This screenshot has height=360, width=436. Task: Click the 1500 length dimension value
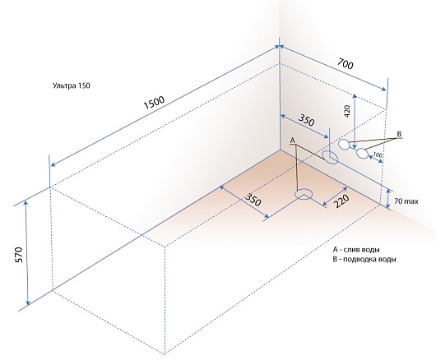[155, 103]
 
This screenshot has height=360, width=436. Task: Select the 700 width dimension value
[346, 63]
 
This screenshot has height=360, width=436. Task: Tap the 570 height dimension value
[20, 255]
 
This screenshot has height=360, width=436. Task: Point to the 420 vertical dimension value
[349, 111]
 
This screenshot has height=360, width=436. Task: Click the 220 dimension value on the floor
[341, 201]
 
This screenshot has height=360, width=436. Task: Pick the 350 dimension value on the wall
[306, 120]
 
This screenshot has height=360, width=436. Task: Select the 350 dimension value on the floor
[253, 199]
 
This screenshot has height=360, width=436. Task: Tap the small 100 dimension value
[378, 155]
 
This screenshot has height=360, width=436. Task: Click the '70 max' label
[406, 201]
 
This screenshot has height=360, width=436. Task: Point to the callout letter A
[292, 141]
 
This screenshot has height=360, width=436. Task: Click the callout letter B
[399, 135]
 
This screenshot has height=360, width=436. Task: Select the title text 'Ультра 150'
[72, 85]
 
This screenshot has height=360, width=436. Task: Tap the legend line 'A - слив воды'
[356, 249]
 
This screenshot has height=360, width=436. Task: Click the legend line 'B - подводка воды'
[364, 259]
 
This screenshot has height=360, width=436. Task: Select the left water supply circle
[344, 145]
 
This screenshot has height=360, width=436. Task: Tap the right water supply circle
[362, 154]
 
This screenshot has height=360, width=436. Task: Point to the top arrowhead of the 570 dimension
[26, 203]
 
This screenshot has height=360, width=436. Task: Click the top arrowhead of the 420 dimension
[355, 96]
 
